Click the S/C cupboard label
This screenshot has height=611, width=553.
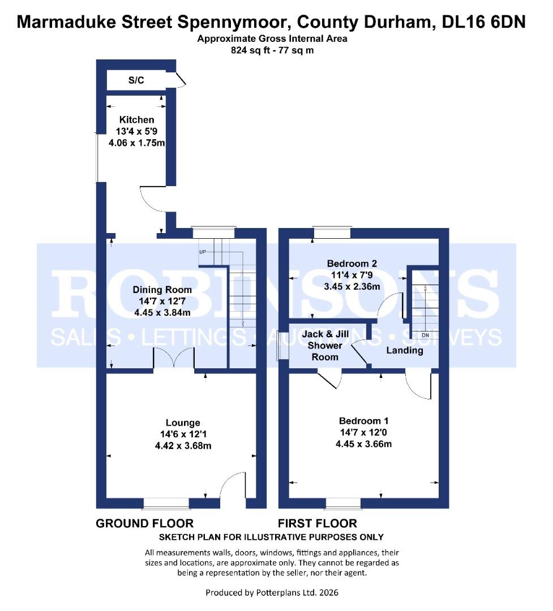[x=136, y=80]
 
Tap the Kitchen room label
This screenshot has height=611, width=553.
[x=136, y=120]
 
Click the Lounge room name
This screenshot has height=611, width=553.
[x=183, y=423]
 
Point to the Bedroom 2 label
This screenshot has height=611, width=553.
[x=351, y=264]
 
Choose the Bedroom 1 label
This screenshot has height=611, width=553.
[x=363, y=421]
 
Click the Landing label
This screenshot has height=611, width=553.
[x=405, y=350]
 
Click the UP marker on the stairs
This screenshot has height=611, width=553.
[x=203, y=251]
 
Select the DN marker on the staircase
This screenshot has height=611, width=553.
[x=426, y=335]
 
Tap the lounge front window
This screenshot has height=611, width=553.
[x=166, y=503]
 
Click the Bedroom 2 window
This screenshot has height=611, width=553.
[x=332, y=232]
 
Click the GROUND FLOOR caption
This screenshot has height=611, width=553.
[x=145, y=523]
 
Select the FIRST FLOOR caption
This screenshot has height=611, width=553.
[x=317, y=523]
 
